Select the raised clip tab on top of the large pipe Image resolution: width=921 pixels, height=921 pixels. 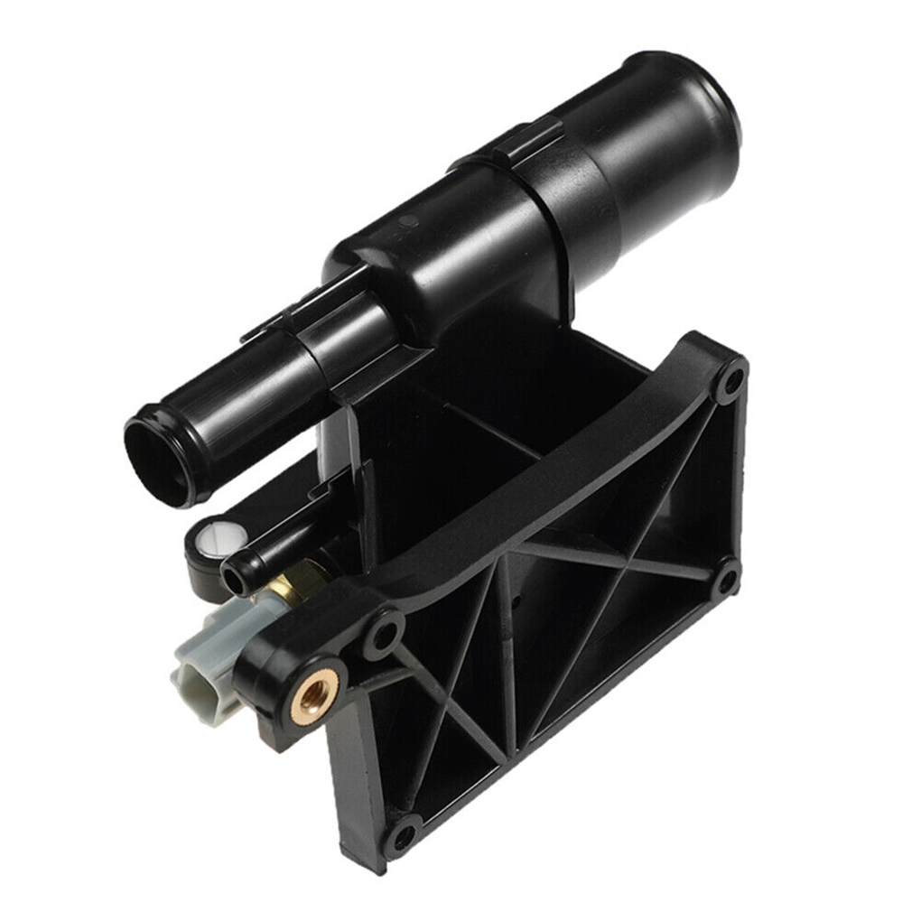point(524,140)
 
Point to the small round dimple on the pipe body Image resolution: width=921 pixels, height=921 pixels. point(408,220)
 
